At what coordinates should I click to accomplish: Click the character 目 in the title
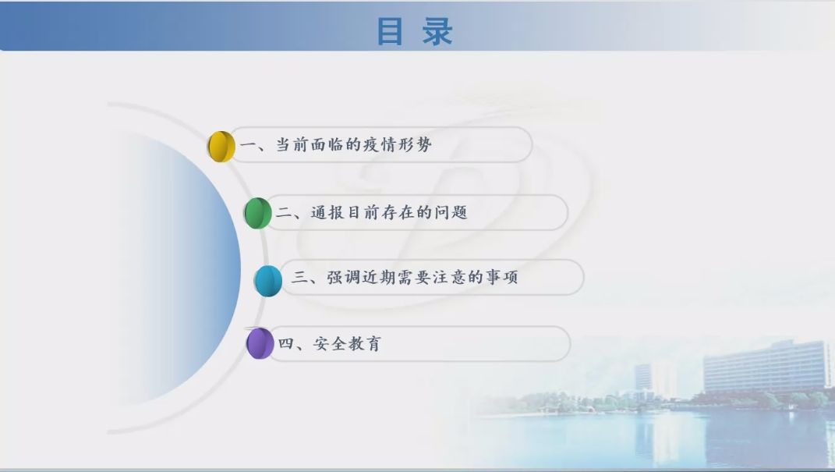pyautogui.click(x=389, y=31)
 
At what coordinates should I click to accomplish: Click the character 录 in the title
pyautogui.click(x=437, y=31)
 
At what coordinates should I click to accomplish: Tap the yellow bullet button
pyautogui.click(x=221, y=146)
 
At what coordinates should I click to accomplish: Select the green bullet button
pyautogui.click(x=258, y=213)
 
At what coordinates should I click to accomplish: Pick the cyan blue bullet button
pyautogui.click(x=268, y=281)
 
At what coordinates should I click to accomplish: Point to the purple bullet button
pyautogui.click(x=260, y=343)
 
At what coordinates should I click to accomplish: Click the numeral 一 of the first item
pyautogui.click(x=248, y=145)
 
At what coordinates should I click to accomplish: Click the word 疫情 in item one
pyautogui.click(x=379, y=144)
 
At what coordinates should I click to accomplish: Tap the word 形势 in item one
pyautogui.click(x=414, y=144)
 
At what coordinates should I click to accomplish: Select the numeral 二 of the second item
pyautogui.click(x=283, y=213)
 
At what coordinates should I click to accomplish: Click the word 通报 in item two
pyautogui.click(x=327, y=212)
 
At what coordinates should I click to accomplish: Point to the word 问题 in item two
pyautogui.click(x=451, y=212)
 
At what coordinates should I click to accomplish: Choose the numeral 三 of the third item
pyautogui.click(x=300, y=277)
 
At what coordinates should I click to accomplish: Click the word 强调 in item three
pyautogui.click(x=344, y=277)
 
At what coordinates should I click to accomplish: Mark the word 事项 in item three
pyautogui.click(x=501, y=277)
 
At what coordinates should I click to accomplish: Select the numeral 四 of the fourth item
pyautogui.click(x=286, y=343)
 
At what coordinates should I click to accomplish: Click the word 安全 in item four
pyautogui.click(x=329, y=343)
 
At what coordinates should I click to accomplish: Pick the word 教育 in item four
pyautogui.click(x=365, y=343)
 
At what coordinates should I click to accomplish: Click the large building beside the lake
pyautogui.click(x=766, y=367)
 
